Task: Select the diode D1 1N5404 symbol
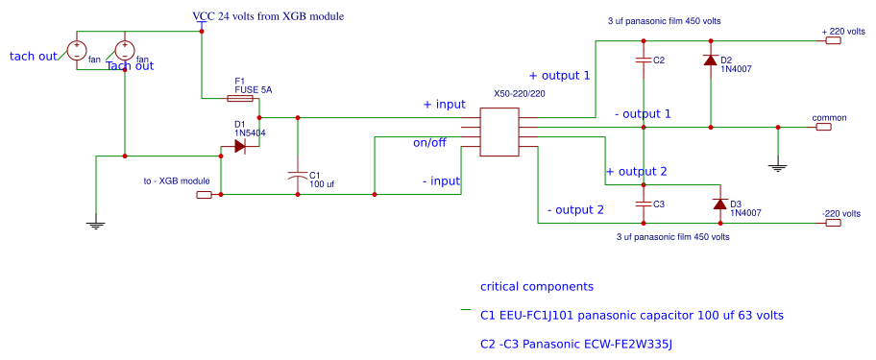tap(239, 147)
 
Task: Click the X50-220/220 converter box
tap(499, 132)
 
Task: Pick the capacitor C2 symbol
tap(644, 60)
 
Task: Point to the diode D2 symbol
tap(711, 60)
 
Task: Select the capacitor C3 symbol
tap(644, 204)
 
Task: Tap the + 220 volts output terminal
tap(834, 41)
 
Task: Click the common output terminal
tap(822, 127)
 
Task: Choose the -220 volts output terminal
tap(833, 224)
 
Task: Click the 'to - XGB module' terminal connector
tap(204, 195)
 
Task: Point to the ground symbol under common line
tap(778, 166)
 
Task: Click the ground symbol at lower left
tap(95, 225)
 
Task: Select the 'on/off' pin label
tap(429, 143)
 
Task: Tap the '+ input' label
tap(445, 104)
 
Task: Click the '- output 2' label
tap(575, 209)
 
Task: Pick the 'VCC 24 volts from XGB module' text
tap(268, 17)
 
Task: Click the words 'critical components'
tap(537, 286)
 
